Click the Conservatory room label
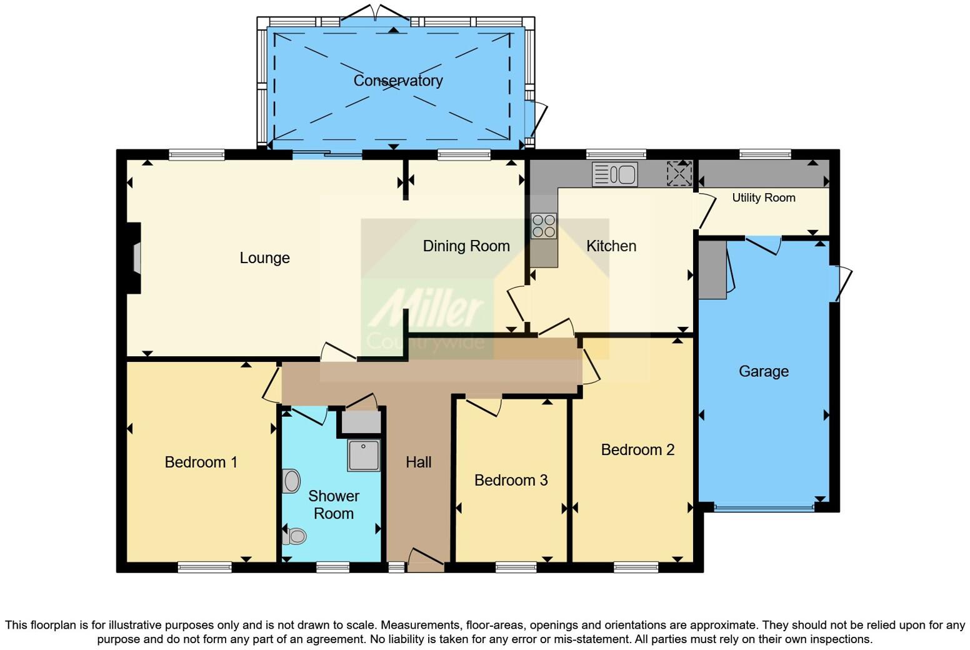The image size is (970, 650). [398, 81]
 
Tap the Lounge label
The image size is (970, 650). [264, 258]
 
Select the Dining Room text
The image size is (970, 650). [466, 246]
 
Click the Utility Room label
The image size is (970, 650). [763, 198]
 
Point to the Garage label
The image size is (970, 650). [763, 371]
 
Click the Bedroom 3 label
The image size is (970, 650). [511, 480]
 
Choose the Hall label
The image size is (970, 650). [418, 462]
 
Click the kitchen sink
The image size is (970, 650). [615, 174]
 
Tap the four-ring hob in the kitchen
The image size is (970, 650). [543, 226]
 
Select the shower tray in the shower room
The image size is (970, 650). [363, 455]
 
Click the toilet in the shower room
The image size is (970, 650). [294, 536]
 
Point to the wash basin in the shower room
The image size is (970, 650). [291, 481]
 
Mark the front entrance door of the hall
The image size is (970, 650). [426, 559]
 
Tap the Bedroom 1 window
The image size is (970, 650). [204, 567]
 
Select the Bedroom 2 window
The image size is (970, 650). [636, 567]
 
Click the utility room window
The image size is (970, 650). [765, 154]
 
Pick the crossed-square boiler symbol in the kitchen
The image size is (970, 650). [679, 174]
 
